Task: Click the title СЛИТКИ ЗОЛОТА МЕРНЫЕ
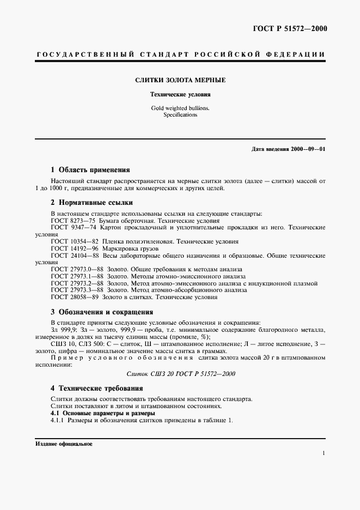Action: (x=180, y=80)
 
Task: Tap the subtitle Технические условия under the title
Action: (x=180, y=95)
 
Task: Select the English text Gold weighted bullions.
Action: (x=180, y=108)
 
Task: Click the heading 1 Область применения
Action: (x=90, y=169)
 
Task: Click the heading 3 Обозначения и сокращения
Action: (x=102, y=312)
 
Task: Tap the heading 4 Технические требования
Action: (x=97, y=388)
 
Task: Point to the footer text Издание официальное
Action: (x=64, y=444)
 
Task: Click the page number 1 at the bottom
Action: (x=324, y=453)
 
